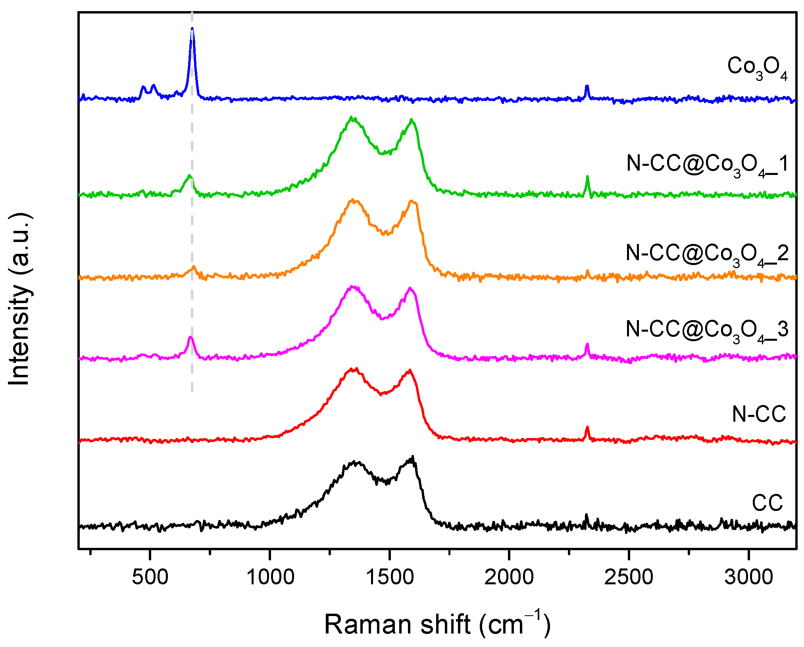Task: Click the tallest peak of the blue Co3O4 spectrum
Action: [x=192, y=29]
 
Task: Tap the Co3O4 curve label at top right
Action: [x=757, y=68]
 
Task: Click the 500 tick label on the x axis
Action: [x=150, y=577]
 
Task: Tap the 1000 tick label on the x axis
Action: [x=270, y=577]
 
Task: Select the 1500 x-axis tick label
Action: [x=390, y=577]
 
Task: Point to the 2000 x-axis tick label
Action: [x=509, y=577]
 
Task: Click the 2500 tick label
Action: [x=629, y=577]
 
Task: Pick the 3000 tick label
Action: [x=749, y=577]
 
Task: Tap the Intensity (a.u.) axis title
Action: [x=20, y=300]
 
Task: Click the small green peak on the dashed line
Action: [x=189, y=176]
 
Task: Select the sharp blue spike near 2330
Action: [x=587, y=86]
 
